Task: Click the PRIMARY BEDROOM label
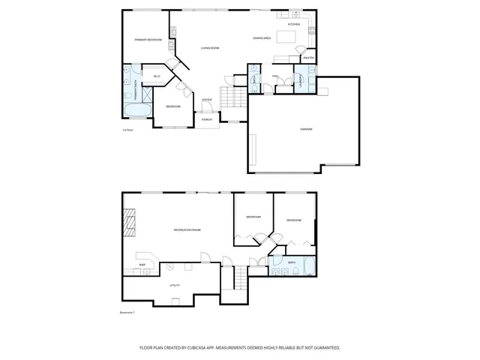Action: click(148, 39)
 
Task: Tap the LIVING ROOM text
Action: click(209, 48)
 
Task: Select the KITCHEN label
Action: click(293, 25)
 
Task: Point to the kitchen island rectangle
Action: click(287, 37)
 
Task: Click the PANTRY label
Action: click(308, 58)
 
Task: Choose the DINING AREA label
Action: click(262, 37)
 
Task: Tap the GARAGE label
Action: click(306, 129)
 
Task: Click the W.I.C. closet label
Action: click(157, 76)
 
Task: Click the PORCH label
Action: click(206, 119)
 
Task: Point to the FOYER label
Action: click(207, 99)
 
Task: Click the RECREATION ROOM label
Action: click(187, 229)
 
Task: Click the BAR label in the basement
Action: click(142, 265)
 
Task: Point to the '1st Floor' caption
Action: click(127, 130)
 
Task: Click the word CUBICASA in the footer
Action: click(231, 348)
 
